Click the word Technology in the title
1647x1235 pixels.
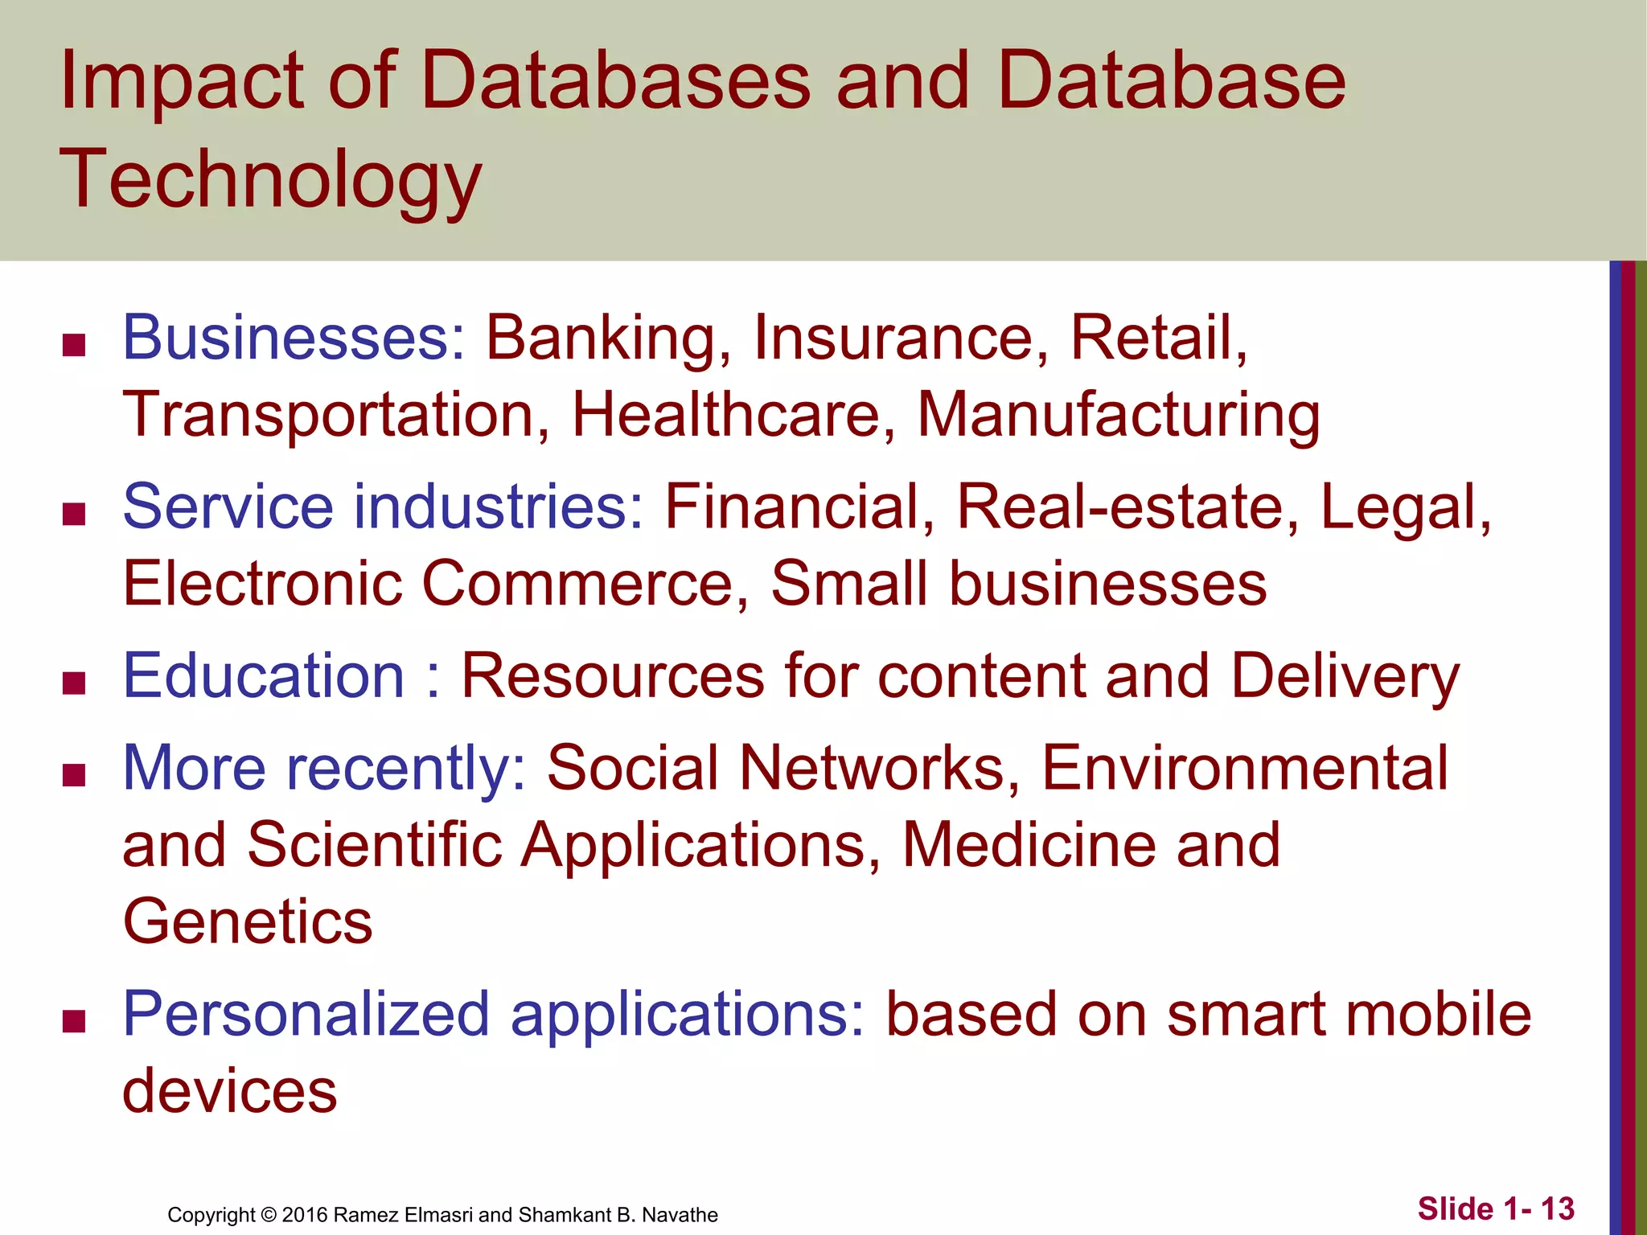[x=270, y=178]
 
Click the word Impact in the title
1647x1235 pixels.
[x=181, y=80]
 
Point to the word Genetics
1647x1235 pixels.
[x=248, y=921]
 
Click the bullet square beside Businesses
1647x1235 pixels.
[x=74, y=346]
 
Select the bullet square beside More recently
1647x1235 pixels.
[x=74, y=776]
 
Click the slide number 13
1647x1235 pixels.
[x=1557, y=1208]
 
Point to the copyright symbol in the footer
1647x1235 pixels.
[x=269, y=1215]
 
